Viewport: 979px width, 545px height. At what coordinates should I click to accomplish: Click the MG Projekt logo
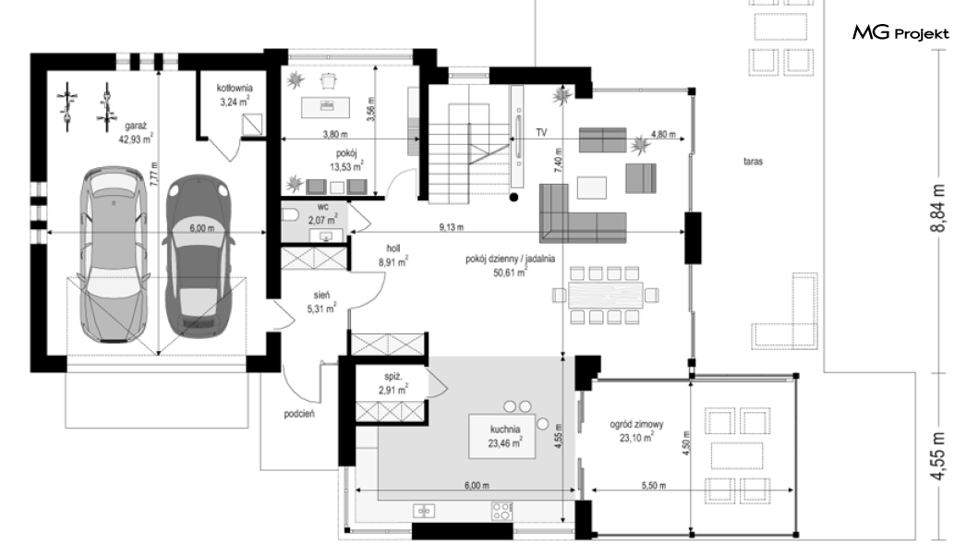pyautogui.click(x=900, y=32)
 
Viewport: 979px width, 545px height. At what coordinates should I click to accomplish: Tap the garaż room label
pyautogui.click(x=136, y=126)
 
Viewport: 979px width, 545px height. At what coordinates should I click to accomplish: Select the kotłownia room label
pyautogui.click(x=235, y=88)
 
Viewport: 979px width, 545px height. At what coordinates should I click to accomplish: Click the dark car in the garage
pyautogui.click(x=198, y=257)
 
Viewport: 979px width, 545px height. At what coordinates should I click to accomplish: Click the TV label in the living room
pyautogui.click(x=541, y=132)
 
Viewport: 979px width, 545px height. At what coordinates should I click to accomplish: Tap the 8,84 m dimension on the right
pyautogui.click(x=938, y=209)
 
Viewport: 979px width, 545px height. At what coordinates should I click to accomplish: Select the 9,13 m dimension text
pyautogui.click(x=451, y=227)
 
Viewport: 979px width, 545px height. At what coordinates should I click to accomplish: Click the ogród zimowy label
pyautogui.click(x=636, y=425)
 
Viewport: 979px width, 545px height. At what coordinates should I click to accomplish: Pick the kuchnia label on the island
pyautogui.click(x=505, y=430)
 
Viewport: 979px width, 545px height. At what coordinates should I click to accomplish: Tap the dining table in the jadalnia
pyautogui.click(x=605, y=296)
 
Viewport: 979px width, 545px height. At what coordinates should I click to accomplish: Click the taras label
pyautogui.click(x=753, y=161)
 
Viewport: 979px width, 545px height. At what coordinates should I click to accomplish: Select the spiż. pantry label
pyautogui.click(x=393, y=377)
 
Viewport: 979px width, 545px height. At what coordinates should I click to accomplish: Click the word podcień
pyautogui.click(x=299, y=414)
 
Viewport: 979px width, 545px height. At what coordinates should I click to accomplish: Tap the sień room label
pyautogui.click(x=321, y=296)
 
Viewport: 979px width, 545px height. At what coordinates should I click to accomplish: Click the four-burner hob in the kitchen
pyautogui.click(x=502, y=511)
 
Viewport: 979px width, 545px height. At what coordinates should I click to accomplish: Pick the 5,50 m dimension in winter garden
pyautogui.click(x=653, y=485)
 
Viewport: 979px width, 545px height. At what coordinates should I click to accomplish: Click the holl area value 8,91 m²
pyautogui.click(x=393, y=263)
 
